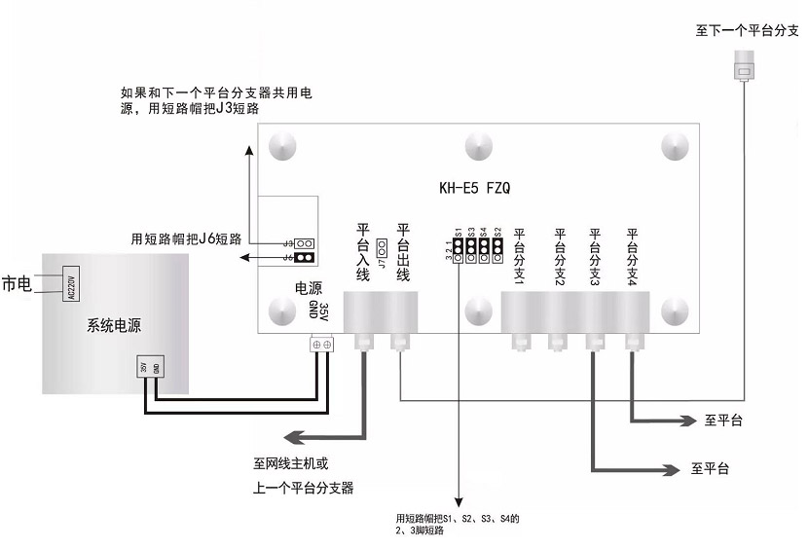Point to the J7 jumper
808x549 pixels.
coord(383,248)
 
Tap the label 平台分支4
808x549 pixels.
coord(632,256)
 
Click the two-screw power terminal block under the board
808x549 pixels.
coord(320,345)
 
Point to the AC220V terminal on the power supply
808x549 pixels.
coord(70,284)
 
